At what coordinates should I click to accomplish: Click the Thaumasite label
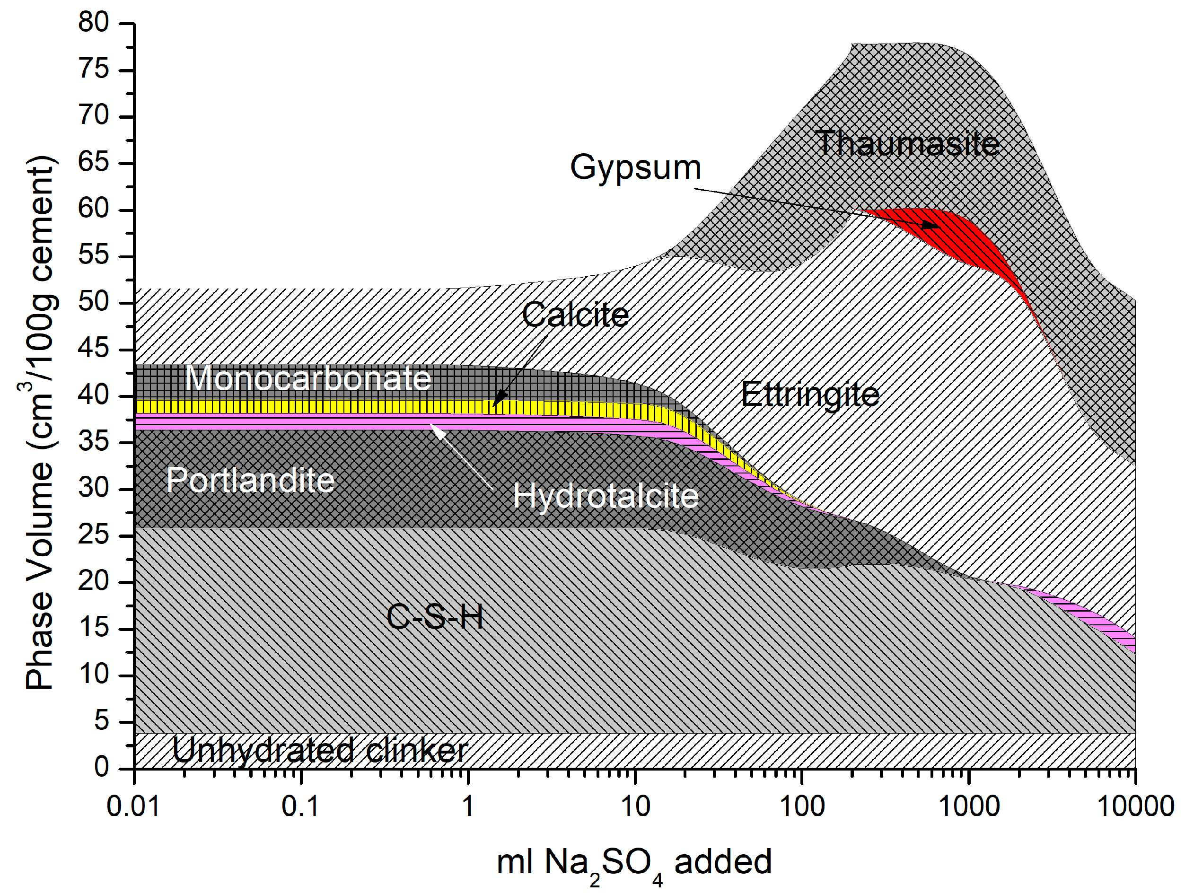click(907, 143)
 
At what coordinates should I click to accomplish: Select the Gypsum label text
click(635, 167)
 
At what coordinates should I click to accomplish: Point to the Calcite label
click(575, 315)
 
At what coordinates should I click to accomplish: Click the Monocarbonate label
click(308, 378)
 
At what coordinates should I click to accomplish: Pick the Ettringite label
click(810, 395)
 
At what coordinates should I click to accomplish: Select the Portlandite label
click(250, 480)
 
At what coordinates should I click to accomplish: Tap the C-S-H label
click(434, 616)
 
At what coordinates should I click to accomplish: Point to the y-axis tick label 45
click(94, 349)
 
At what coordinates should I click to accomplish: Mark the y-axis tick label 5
click(102, 721)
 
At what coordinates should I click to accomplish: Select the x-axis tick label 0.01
click(133, 806)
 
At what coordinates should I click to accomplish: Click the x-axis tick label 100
click(802, 806)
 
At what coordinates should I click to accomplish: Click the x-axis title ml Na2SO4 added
click(634, 863)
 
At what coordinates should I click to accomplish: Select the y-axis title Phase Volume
click(40, 423)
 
